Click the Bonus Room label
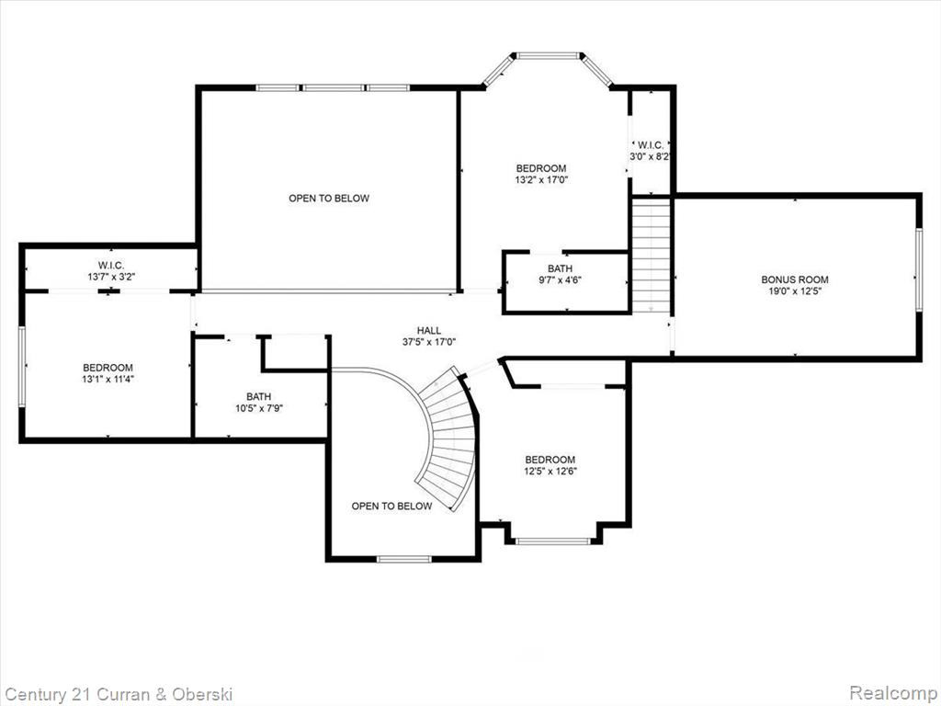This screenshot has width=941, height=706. click(795, 279)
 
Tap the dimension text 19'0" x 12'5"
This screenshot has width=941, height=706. click(795, 291)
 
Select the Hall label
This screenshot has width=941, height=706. click(429, 330)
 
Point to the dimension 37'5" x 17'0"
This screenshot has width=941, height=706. click(429, 342)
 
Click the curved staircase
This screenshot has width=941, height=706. click(447, 438)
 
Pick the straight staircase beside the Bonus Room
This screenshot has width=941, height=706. click(652, 256)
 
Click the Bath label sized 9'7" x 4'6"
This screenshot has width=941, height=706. click(560, 268)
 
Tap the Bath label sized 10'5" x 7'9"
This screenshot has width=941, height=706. click(258, 396)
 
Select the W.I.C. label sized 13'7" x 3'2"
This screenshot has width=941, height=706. click(111, 265)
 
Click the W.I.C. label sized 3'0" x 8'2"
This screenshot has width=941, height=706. click(651, 144)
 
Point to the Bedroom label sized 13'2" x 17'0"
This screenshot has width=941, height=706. click(541, 168)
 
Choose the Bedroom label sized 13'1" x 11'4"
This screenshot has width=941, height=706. click(108, 368)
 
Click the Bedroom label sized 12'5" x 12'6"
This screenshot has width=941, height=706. click(550, 460)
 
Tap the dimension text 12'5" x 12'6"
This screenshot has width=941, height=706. click(550, 472)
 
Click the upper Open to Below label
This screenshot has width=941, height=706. click(329, 199)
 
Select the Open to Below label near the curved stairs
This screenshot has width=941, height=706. click(391, 507)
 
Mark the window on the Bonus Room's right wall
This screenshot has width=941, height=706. click(918, 270)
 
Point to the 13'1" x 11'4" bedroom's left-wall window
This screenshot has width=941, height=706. click(22, 367)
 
